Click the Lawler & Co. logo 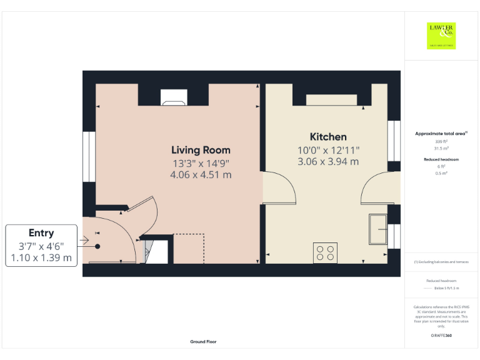441,36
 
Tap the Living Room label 201,150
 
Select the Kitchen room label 328,137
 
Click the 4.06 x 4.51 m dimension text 201,175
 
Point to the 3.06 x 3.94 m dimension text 328,161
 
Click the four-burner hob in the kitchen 325,252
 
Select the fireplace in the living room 173,96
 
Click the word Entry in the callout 41,233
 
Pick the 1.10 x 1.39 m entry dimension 41,257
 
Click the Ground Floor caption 203,342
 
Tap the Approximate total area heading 441,134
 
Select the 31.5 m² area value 441,148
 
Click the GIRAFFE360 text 441,336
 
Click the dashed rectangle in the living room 189,248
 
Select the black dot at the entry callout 97,246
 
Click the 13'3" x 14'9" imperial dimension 201,163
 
